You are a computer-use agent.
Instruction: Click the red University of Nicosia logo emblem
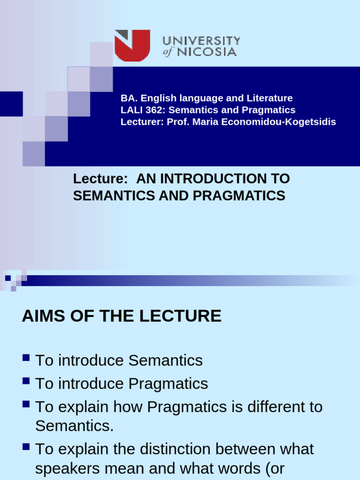tap(133, 45)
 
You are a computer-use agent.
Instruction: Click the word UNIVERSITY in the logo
tap(202, 41)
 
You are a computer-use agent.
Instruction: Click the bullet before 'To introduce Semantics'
tap(26, 359)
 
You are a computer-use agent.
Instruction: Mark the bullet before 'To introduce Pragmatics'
tap(26, 382)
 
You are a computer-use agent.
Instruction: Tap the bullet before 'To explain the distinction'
tap(26, 448)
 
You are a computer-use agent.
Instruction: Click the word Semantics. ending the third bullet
tap(75, 426)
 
